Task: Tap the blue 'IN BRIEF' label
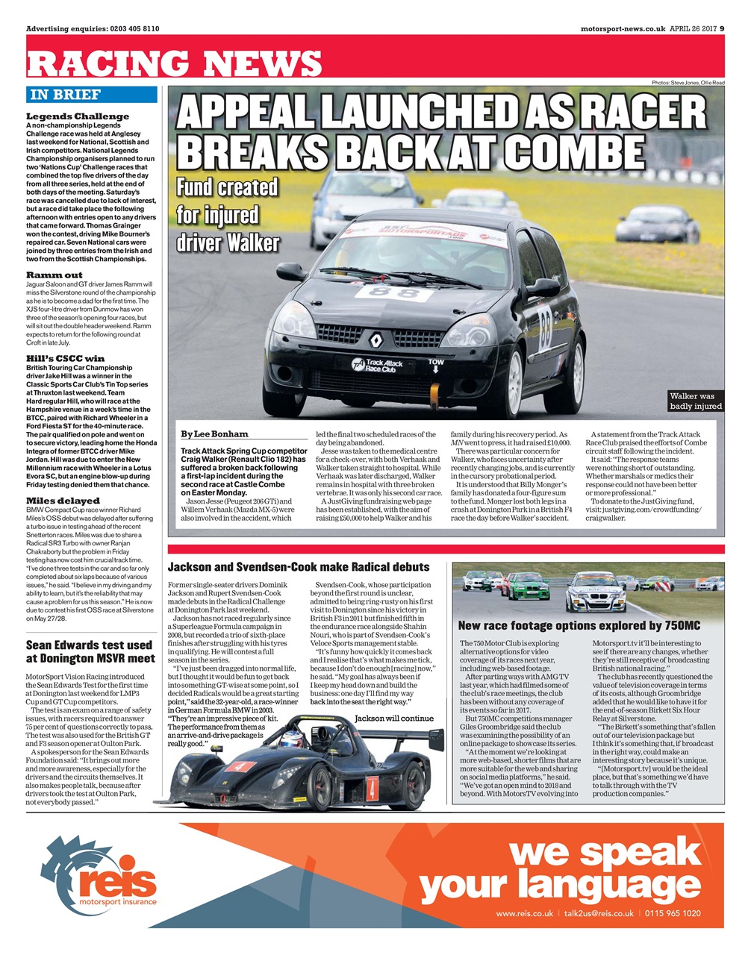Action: (x=65, y=95)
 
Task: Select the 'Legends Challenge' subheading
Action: (x=78, y=116)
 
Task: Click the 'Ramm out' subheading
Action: (x=54, y=275)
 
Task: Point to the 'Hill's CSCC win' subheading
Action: (x=66, y=358)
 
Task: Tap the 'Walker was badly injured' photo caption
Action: (x=696, y=401)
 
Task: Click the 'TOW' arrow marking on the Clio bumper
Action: (x=436, y=366)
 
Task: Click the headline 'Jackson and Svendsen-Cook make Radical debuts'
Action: (x=299, y=567)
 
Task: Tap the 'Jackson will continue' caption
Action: (x=393, y=718)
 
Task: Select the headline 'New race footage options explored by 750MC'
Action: (x=579, y=625)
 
